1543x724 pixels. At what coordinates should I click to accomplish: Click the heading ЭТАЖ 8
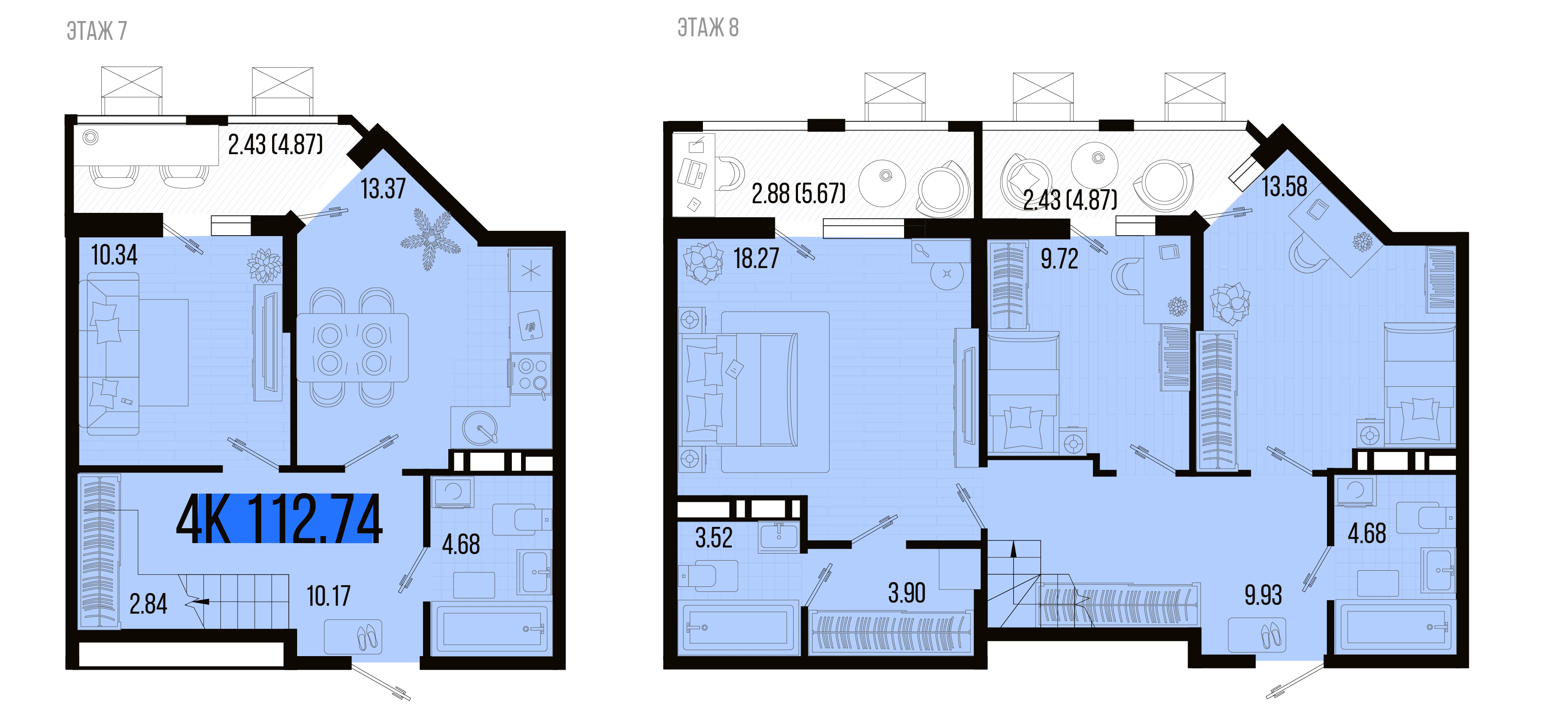click(x=708, y=28)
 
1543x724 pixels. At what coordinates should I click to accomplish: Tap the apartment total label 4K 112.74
click(x=279, y=519)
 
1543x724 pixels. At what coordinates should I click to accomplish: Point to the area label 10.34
click(x=114, y=255)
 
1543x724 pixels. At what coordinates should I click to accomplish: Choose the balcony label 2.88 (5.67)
click(x=798, y=194)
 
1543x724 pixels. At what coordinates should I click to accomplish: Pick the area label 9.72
click(x=1059, y=259)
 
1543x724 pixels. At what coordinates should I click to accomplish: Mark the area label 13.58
click(x=1284, y=186)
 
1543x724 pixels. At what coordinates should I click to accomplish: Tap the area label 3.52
click(x=713, y=538)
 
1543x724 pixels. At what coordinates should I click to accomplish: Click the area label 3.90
click(x=906, y=593)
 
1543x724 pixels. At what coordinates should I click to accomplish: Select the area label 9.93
click(x=1263, y=595)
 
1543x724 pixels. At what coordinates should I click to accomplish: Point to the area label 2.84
click(x=148, y=604)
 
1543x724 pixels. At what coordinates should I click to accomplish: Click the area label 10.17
click(x=328, y=597)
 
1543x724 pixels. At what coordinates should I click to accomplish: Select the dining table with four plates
click(x=352, y=348)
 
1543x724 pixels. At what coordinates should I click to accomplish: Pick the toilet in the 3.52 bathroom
click(x=708, y=576)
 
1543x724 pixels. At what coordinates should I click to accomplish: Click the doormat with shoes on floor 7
click(x=353, y=636)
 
